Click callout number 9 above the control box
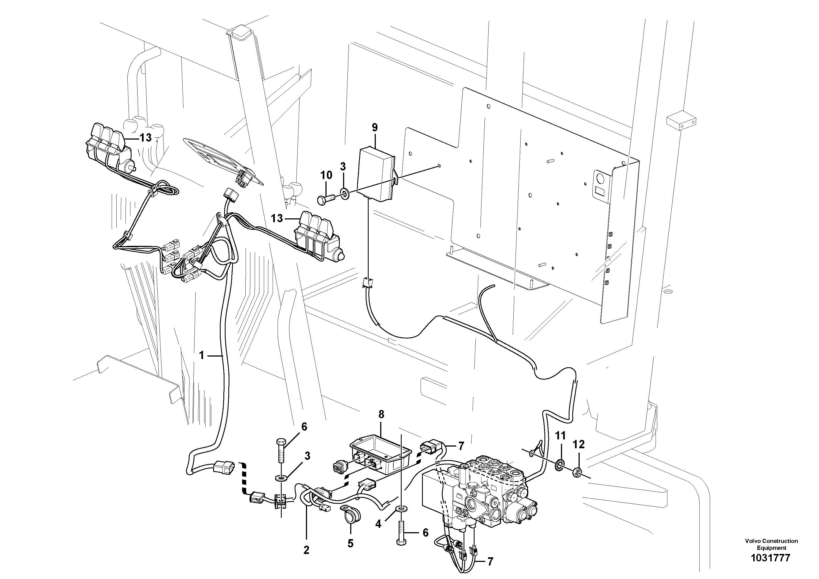click(x=374, y=127)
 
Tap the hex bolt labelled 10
click(x=326, y=198)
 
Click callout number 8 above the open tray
click(x=381, y=414)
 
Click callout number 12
click(x=579, y=444)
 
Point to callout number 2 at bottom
click(x=306, y=550)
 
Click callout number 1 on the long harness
click(x=202, y=355)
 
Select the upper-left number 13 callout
click(x=145, y=137)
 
